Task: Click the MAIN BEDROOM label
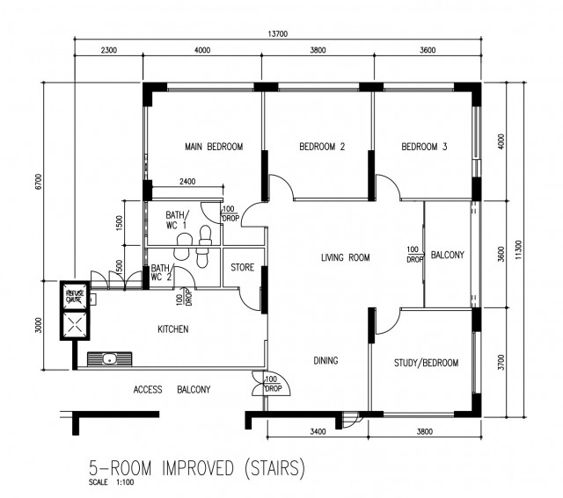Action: click(214, 147)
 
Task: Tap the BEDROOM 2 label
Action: click(322, 147)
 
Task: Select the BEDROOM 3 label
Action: click(424, 147)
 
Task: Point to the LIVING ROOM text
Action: click(346, 257)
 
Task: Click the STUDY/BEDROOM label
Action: click(426, 363)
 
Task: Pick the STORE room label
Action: click(243, 268)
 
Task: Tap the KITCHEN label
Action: click(173, 329)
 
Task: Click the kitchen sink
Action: click(109, 358)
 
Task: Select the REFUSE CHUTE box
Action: click(75, 296)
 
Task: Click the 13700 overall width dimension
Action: click(278, 34)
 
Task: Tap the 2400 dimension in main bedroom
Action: click(187, 182)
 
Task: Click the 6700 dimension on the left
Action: click(39, 182)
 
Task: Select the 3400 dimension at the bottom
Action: click(318, 431)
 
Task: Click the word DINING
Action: click(325, 360)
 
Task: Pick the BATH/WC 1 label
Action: click(177, 220)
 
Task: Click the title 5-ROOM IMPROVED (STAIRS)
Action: click(197, 468)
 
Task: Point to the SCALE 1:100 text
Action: click(112, 482)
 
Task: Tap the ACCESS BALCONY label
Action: click(172, 389)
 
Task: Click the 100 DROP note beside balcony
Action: click(414, 254)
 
